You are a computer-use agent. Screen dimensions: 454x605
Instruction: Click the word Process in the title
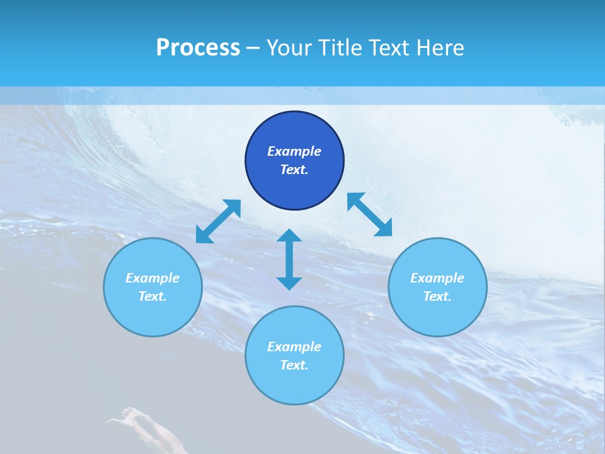click(x=198, y=48)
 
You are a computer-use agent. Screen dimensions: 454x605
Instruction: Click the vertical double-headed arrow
click(x=289, y=260)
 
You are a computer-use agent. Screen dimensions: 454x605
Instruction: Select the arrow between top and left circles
click(x=218, y=221)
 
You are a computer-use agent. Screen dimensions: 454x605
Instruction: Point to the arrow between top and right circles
click(x=370, y=214)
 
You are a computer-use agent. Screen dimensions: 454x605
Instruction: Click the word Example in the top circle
click(x=294, y=151)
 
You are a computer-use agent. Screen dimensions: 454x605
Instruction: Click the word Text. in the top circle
click(x=294, y=170)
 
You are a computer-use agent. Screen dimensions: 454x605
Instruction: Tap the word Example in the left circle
click(x=153, y=278)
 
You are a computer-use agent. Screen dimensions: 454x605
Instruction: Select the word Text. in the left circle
click(x=153, y=296)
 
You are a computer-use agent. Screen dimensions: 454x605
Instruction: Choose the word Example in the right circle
click(x=437, y=278)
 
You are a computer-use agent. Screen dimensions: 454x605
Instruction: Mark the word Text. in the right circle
click(x=437, y=296)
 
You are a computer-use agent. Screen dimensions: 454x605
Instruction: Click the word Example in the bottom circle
click(x=294, y=347)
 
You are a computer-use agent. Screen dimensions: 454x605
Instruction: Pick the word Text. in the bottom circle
click(x=294, y=365)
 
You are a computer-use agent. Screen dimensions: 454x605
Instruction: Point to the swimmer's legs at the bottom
click(x=151, y=432)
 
